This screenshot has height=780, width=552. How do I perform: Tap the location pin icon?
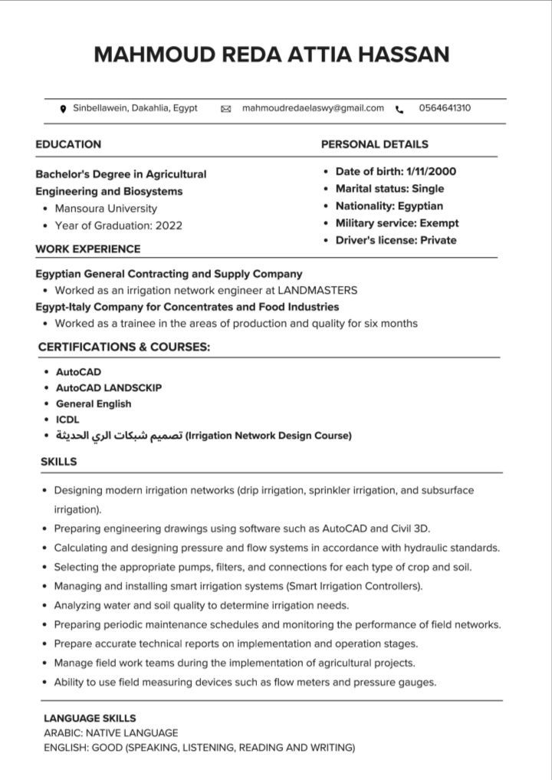63,109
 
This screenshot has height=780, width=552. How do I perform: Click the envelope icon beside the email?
225,109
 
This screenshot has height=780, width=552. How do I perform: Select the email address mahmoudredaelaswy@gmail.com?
313,108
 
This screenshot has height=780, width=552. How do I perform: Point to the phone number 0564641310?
445,108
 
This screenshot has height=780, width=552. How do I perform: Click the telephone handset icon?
399,110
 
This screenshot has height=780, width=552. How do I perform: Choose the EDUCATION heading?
68,144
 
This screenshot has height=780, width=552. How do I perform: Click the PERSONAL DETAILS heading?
374,144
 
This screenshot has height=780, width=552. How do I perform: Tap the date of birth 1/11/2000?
432,172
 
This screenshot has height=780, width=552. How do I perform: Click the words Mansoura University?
106,209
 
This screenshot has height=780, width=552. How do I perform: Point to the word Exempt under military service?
439,223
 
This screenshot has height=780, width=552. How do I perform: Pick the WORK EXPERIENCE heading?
88,249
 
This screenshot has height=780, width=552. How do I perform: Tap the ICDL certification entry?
67,420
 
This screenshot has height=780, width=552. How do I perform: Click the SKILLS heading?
58,462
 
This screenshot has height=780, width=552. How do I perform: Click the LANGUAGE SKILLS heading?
90,719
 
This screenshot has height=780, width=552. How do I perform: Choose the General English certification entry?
94,403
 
